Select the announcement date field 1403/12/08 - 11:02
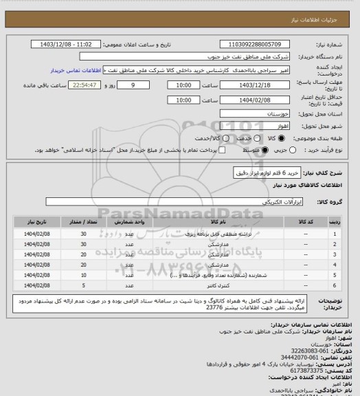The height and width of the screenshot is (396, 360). [x=66, y=43]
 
